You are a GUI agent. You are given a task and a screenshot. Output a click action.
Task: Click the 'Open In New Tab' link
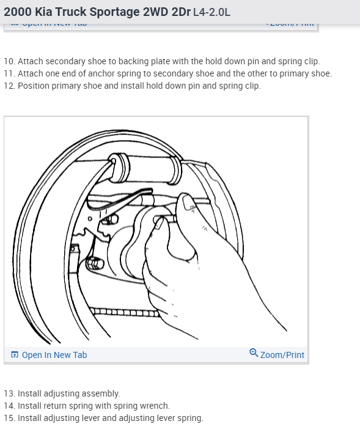click(x=54, y=355)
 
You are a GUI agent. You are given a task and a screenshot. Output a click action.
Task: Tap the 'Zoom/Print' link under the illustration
click(x=282, y=355)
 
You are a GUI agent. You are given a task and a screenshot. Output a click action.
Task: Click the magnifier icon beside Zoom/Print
click(x=254, y=353)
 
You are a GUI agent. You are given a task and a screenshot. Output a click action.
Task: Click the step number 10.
click(x=9, y=61)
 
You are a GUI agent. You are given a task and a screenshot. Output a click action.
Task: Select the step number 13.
click(x=9, y=393)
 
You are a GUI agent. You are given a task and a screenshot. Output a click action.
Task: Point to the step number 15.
click(x=9, y=418)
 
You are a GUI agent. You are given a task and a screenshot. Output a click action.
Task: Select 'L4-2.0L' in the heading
click(x=211, y=12)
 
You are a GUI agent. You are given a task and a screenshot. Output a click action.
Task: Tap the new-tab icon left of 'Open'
click(x=15, y=355)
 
